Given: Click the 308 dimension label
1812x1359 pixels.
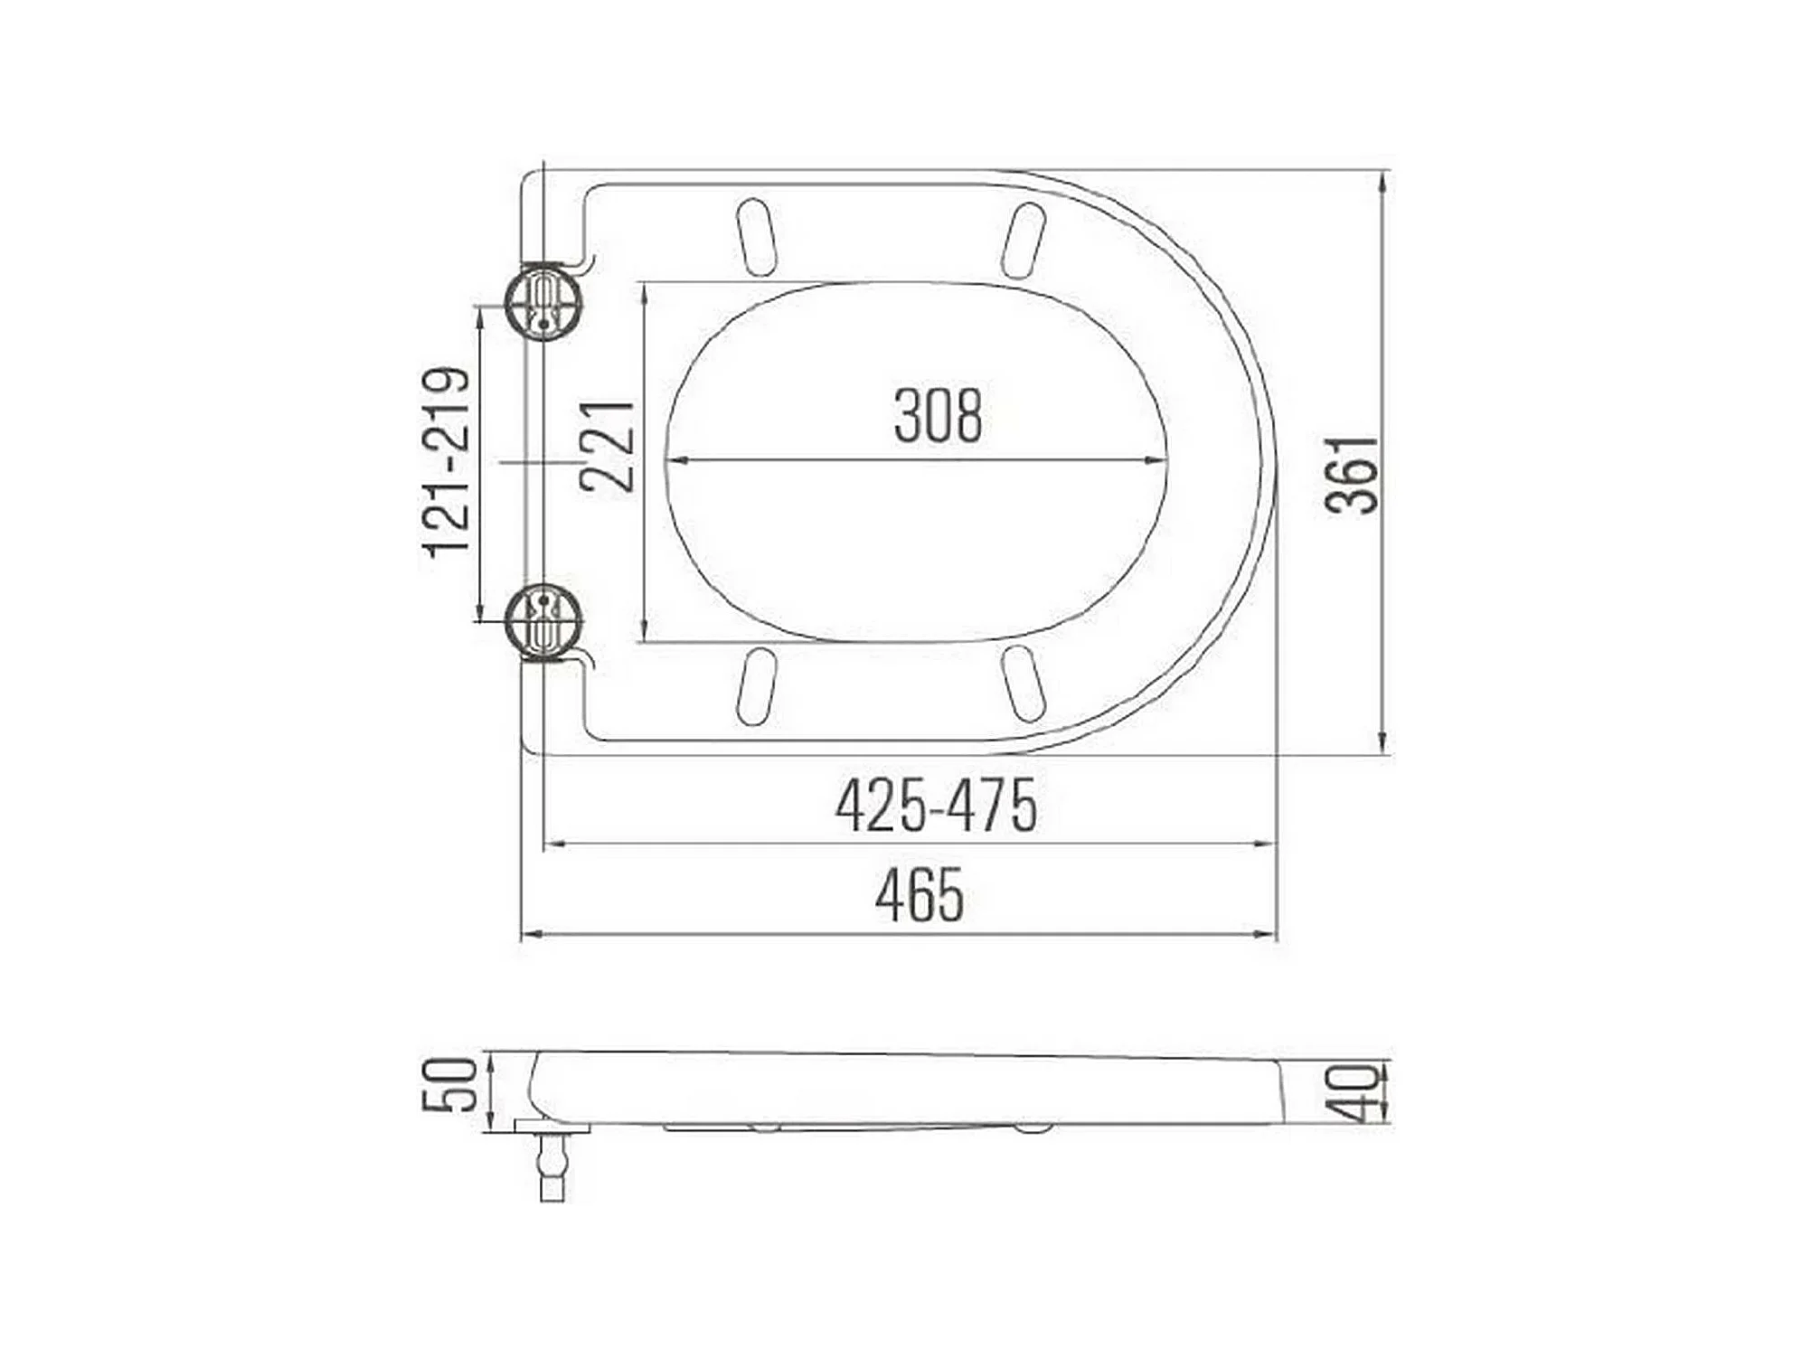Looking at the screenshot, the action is [x=938, y=416].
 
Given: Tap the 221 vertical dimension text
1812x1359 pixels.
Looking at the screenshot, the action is [x=608, y=446].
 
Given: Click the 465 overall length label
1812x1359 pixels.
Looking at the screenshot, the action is [x=920, y=894].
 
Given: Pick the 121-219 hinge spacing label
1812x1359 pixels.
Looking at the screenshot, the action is [x=448, y=462].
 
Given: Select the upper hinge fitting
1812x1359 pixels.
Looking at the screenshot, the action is [x=543, y=301].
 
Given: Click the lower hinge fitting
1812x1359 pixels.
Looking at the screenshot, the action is [x=543, y=622].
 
